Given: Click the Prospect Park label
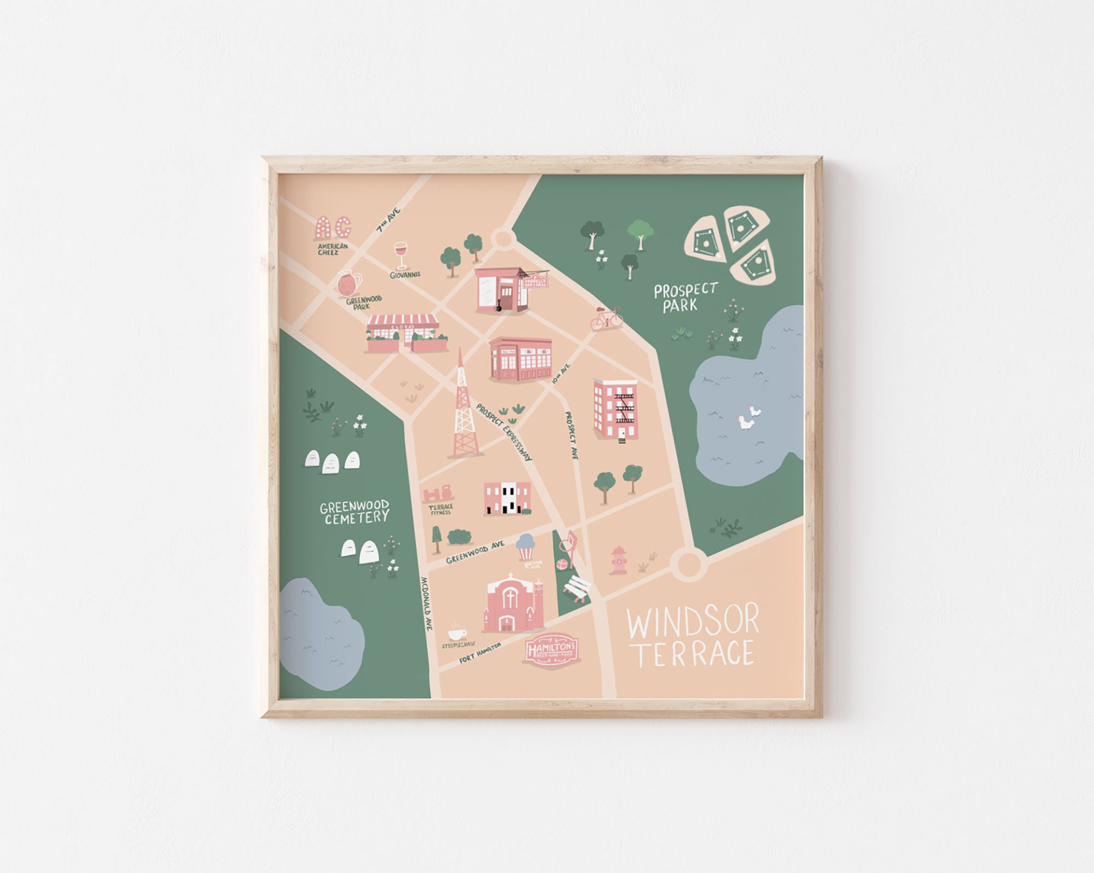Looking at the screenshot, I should click(684, 298).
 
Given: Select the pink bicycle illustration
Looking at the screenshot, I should click(607, 318).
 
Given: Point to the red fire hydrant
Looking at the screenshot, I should click(618, 560).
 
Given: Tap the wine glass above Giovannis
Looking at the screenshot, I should click(401, 255).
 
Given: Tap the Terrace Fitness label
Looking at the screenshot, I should click(440, 509).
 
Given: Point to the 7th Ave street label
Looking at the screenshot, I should click(389, 220).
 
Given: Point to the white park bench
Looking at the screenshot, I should click(578, 590).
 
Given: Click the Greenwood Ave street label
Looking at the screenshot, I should click(475, 552).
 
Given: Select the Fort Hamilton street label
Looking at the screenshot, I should click(480, 653).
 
